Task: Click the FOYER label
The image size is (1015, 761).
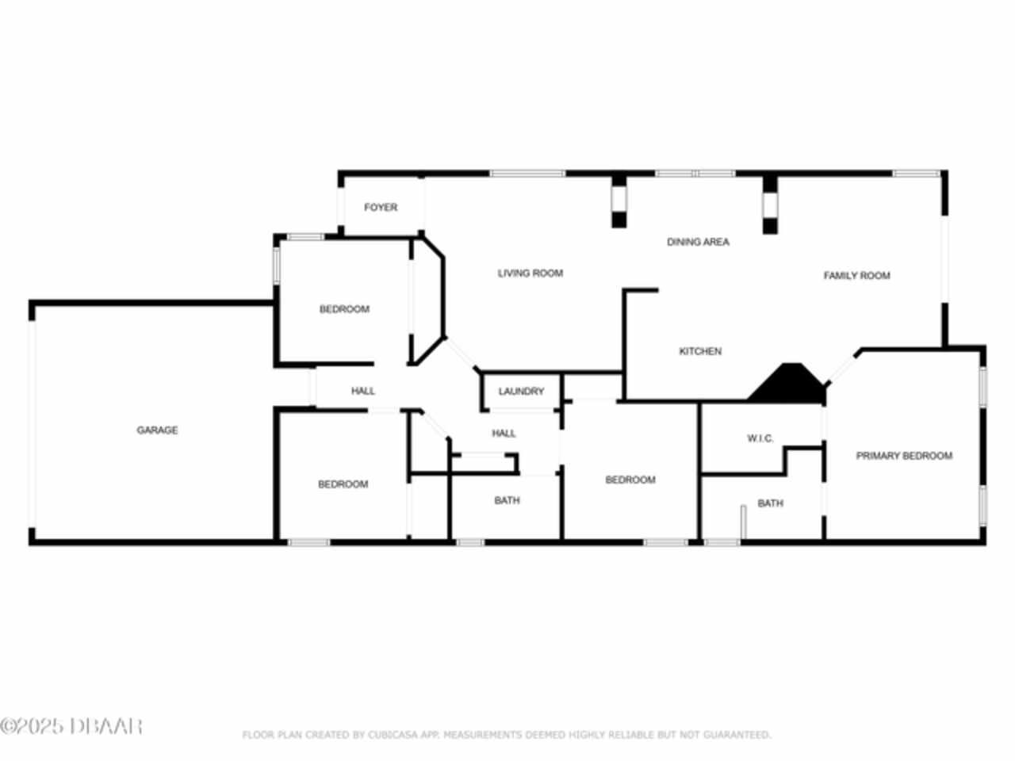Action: tap(381, 208)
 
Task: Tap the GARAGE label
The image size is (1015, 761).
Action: tap(157, 430)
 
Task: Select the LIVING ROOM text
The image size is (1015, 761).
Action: tap(530, 273)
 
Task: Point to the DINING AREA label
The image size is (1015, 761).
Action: tap(698, 242)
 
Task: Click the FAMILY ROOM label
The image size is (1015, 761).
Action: tap(857, 276)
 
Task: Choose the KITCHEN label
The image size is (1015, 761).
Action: tap(700, 351)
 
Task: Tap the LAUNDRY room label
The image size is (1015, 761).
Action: tap(521, 392)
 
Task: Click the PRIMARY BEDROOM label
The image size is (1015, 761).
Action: tap(904, 456)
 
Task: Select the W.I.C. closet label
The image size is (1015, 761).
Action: tap(760, 438)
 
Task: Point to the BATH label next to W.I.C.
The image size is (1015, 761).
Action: tap(771, 503)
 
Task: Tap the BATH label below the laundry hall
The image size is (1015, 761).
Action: tap(507, 500)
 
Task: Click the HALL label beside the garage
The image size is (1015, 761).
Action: tap(363, 392)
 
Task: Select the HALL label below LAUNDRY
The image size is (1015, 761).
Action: tap(504, 434)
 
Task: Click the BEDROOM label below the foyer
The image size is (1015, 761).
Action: tap(344, 309)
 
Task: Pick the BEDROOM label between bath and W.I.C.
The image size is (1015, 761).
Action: tap(630, 480)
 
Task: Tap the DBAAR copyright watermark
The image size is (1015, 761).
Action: tap(71, 727)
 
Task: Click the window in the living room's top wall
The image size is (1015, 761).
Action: tap(527, 174)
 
